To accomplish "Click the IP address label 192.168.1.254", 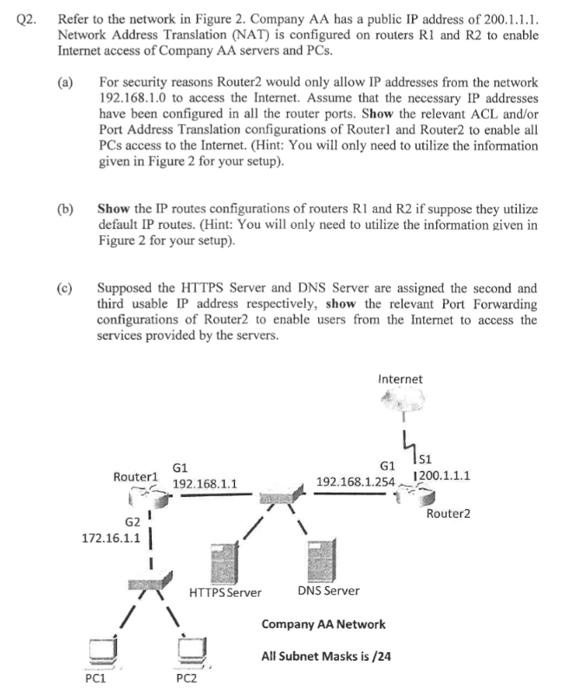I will click(x=356, y=481).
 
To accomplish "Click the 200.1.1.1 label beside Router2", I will click(x=443, y=476).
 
